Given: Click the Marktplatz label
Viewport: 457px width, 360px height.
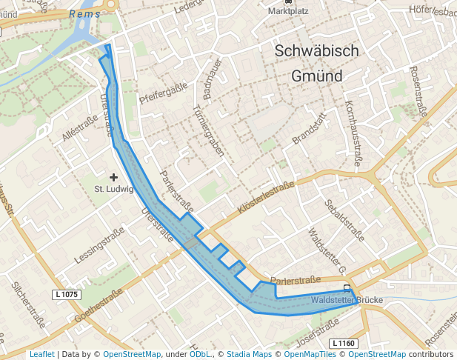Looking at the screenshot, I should tap(288, 11).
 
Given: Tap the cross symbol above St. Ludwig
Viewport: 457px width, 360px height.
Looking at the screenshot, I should tap(113, 177).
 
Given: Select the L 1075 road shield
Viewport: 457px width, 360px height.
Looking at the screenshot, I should tap(66, 295).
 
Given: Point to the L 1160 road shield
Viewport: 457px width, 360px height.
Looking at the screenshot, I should tap(343, 343).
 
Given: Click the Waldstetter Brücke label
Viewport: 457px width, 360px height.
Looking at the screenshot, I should tap(346, 300).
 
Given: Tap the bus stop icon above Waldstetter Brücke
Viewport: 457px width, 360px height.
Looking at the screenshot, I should tap(347, 289).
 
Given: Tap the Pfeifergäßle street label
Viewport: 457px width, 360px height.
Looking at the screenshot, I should tap(162, 94).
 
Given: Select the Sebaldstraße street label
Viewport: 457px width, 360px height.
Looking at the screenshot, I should tap(344, 221).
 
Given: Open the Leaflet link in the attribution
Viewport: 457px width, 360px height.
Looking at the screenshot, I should tap(41, 354).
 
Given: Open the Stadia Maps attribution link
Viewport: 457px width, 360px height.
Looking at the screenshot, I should tap(249, 354).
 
